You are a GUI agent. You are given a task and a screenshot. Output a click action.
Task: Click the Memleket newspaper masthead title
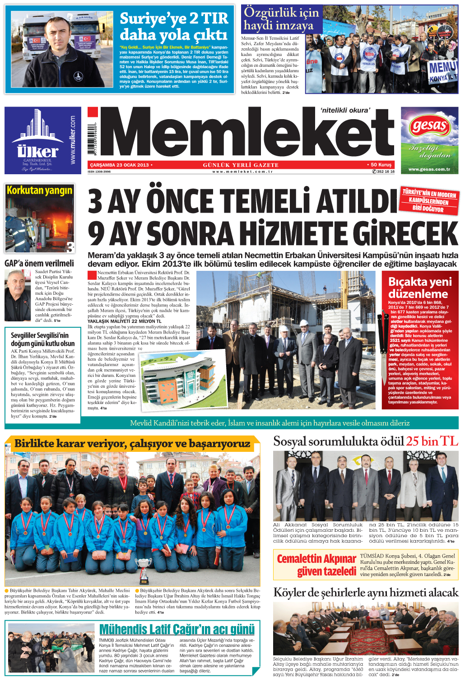click(x=246, y=134)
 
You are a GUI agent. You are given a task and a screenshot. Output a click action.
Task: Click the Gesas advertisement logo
click(x=429, y=126)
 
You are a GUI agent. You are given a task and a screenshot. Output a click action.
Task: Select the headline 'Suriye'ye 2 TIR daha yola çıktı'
click(x=174, y=26)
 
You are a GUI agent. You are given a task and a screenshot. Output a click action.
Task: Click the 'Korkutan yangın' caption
click(x=39, y=190)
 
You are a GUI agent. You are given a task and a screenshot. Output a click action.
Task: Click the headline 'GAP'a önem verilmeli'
click(x=39, y=263)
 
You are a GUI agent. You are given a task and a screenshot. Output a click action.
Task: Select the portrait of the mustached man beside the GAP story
click(x=18, y=295)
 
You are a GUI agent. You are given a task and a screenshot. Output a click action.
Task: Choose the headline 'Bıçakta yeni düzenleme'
click(x=420, y=287)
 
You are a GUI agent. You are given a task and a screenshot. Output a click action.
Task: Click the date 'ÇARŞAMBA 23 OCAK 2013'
click(x=119, y=165)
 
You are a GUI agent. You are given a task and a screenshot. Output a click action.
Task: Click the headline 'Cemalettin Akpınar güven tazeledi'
click(x=316, y=565)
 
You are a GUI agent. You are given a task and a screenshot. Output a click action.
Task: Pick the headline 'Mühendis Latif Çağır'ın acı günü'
click(x=177, y=629)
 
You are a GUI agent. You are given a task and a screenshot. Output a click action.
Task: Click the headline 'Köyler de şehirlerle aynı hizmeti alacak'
click(x=366, y=592)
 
